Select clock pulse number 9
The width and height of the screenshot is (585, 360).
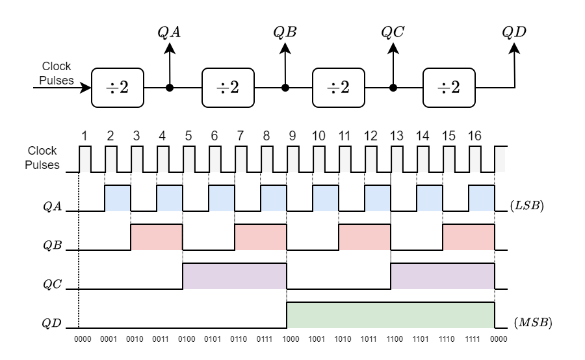pos(292,136)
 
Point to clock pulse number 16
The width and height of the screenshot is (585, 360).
pos(474,136)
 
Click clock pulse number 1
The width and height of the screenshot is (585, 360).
pos(84,136)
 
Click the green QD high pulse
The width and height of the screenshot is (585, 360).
pos(390,315)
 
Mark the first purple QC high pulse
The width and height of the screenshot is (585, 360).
pos(234,276)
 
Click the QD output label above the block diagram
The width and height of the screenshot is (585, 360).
pos(514,31)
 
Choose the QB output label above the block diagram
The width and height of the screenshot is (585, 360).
pos(285,31)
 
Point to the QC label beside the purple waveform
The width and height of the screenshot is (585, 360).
pos(53,285)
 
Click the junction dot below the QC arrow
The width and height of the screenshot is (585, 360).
pos(393,87)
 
